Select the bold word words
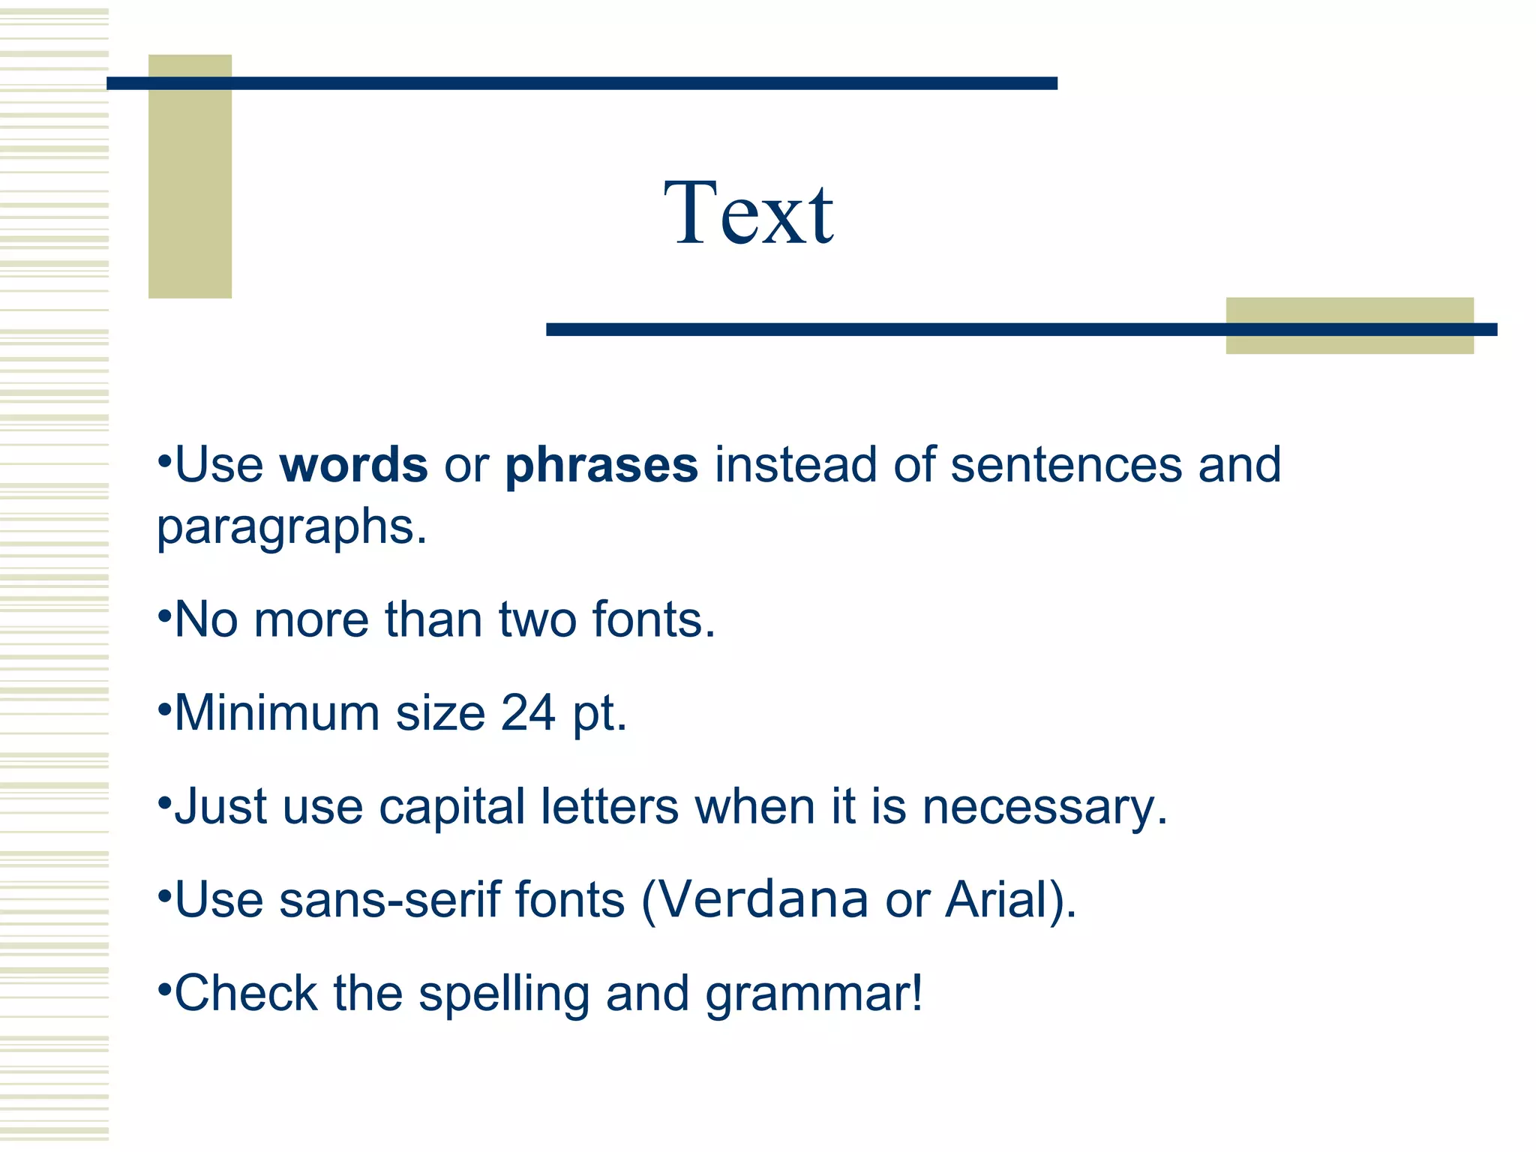353,465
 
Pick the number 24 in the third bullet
528,712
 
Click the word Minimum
277,712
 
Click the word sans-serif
388,899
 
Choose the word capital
451,807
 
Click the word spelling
503,994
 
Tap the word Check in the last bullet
246,993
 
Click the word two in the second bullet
537,620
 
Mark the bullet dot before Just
164,801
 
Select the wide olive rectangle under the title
1348,342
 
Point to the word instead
795,465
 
